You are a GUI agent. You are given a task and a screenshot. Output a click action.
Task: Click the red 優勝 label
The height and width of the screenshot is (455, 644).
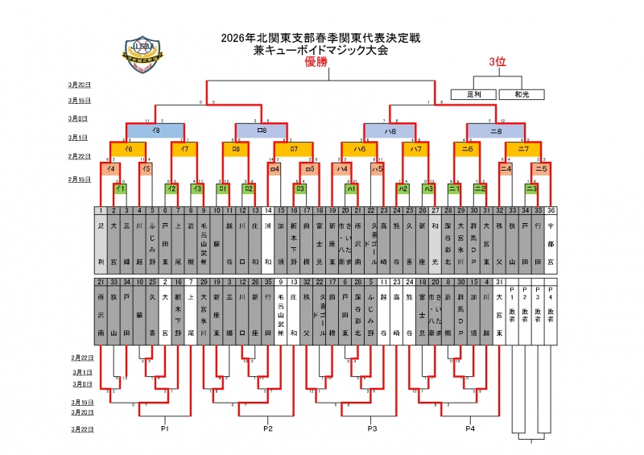click(x=316, y=63)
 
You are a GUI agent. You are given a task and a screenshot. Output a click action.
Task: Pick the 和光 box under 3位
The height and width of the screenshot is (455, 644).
click(x=522, y=94)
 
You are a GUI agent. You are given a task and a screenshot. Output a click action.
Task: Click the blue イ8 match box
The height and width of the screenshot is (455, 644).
click(x=155, y=129)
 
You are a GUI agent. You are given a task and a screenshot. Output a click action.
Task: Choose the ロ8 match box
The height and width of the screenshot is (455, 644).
click(x=261, y=129)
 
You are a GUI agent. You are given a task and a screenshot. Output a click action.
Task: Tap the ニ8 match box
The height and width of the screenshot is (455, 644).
click(x=496, y=129)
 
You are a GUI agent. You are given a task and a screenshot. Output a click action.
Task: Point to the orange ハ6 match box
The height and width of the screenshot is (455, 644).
click(x=359, y=149)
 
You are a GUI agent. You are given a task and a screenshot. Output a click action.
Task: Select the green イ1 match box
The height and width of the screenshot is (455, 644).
click(x=120, y=188)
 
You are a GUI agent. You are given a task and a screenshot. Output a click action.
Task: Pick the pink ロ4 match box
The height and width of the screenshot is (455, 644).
click(x=274, y=169)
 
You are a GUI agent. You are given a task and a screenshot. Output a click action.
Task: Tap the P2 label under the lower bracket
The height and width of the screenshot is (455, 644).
click(x=268, y=429)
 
